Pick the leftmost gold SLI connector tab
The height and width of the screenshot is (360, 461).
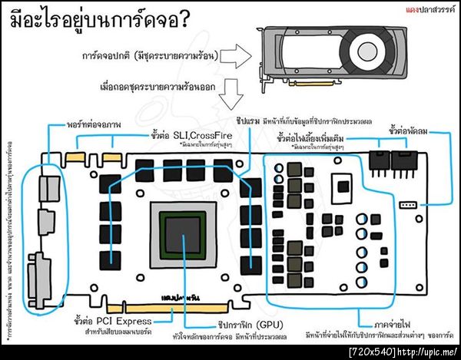77,159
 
